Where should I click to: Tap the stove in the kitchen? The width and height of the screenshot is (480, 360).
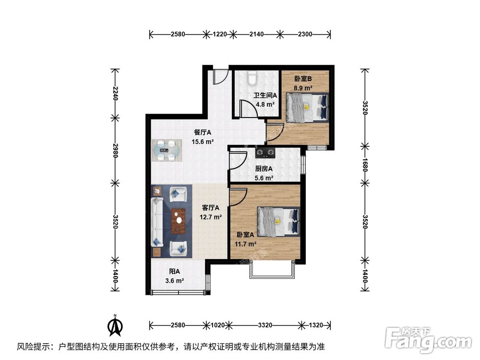click(264, 154)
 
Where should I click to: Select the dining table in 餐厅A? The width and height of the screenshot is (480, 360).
click(167, 150)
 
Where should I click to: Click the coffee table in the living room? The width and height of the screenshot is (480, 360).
click(179, 221)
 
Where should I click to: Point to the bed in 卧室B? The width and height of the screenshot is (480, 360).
click(307, 108)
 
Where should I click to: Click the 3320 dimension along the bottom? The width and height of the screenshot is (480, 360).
click(265, 325)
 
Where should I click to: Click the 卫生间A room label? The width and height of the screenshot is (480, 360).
click(264, 96)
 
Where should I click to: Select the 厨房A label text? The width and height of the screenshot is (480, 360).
click(264, 169)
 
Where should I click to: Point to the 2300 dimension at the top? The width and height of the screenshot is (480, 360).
click(305, 34)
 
